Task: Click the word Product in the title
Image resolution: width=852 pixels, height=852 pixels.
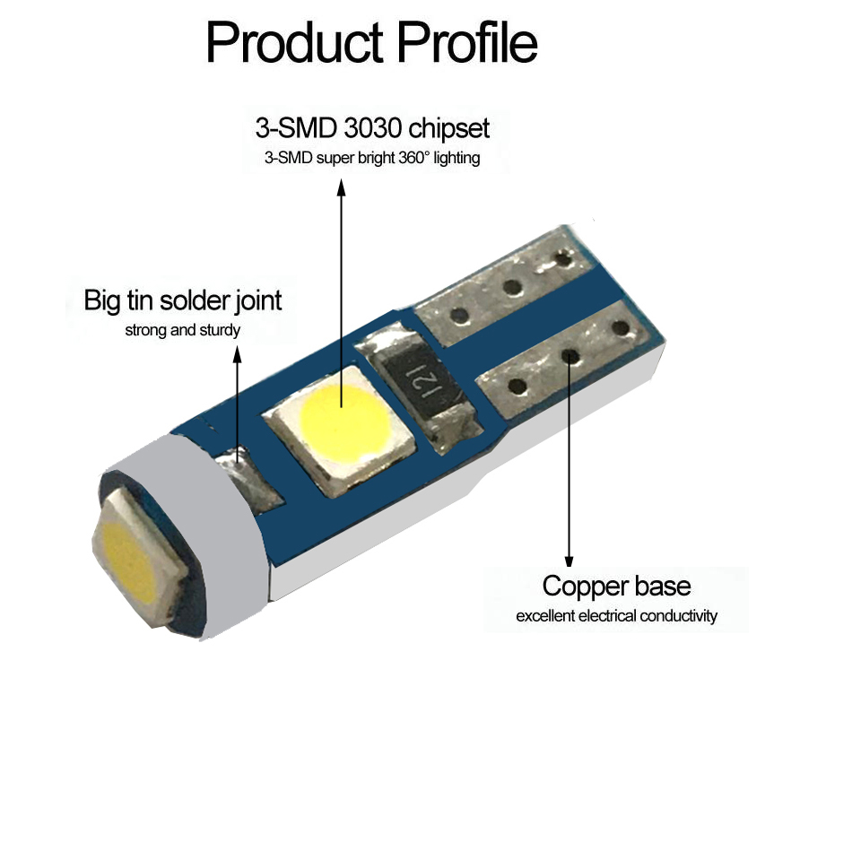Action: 294,43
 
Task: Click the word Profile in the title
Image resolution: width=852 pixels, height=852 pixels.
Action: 467,42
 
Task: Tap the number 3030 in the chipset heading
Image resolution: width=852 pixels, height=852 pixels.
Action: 373,128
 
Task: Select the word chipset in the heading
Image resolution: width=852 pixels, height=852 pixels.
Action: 448,129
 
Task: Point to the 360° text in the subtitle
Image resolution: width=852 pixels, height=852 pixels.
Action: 414,158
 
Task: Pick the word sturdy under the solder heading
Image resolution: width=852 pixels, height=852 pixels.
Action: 220,330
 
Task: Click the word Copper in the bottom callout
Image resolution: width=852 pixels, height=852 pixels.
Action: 584,587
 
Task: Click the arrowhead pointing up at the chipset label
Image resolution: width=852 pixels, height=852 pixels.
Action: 341,187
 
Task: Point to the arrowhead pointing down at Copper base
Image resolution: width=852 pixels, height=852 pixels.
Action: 569,560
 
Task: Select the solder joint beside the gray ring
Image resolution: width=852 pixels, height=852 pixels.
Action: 248,478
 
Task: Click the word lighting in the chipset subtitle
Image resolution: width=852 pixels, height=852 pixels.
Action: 456,158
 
